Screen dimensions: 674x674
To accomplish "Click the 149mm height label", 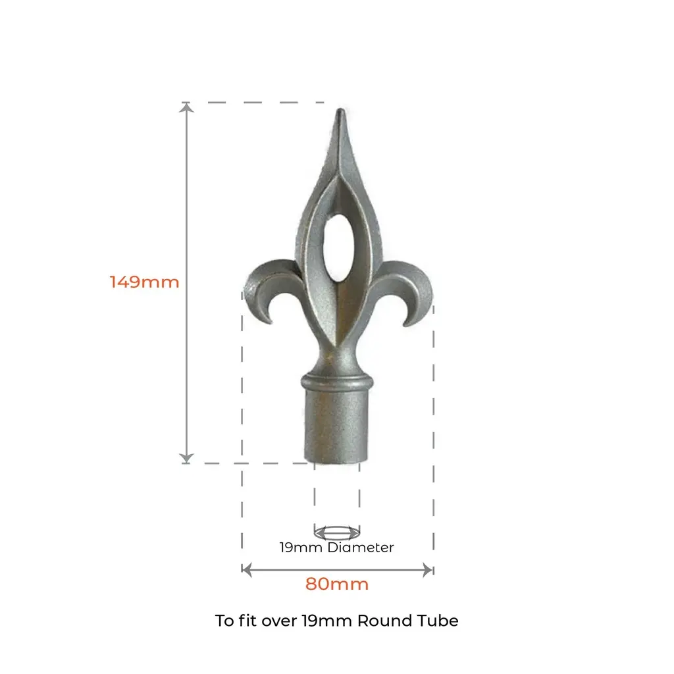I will pos(144,282).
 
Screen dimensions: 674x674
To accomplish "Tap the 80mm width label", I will pos(336,584).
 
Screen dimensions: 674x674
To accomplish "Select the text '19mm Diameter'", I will pos(336,547).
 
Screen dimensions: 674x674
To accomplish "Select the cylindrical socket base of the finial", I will pos(337,428).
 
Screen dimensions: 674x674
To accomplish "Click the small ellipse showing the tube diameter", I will pos(337,531).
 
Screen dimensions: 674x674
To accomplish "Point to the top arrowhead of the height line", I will pos(188,107).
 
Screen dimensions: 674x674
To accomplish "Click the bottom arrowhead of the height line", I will pos(188,458).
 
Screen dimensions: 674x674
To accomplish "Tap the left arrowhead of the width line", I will pos(246,569).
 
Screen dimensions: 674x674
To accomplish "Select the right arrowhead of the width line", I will pos(428,569).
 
